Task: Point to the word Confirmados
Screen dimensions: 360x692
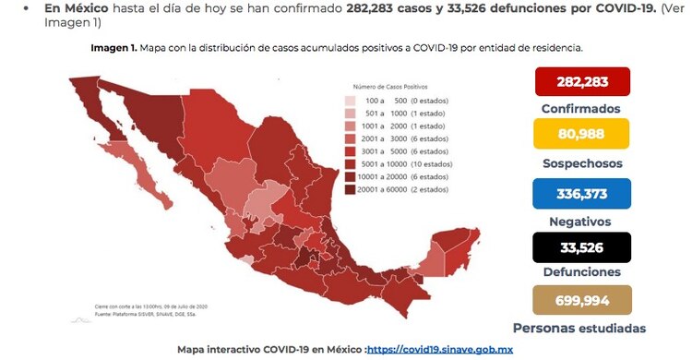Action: (580, 109)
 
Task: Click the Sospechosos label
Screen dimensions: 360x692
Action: (580, 163)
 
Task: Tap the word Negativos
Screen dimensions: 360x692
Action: (580, 221)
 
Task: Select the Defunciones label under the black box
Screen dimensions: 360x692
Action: (580, 272)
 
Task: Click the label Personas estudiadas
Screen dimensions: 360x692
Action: (579, 328)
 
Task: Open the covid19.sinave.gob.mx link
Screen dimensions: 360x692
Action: (452, 351)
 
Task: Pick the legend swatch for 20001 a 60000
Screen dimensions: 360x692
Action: (351, 190)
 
